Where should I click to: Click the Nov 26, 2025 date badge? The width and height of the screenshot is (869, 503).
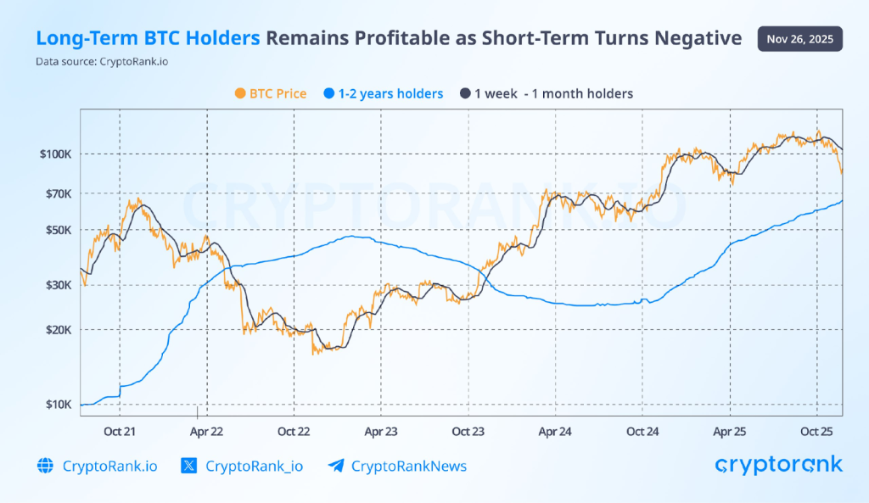[x=800, y=38]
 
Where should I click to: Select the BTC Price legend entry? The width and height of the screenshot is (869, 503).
[x=269, y=93]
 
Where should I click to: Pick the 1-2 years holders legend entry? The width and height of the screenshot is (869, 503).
[x=383, y=93]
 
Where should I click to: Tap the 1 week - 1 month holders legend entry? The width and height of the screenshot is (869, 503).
[x=546, y=93]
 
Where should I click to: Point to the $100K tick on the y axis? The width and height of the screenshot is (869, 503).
[x=54, y=154]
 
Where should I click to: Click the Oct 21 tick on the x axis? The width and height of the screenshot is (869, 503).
[x=120, y=431]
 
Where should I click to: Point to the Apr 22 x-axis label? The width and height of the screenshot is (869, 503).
[x=206, y=431]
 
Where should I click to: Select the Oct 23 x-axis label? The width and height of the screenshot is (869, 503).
[x=468, y=431]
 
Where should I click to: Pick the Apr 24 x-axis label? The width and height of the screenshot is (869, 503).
[x=555, y=431]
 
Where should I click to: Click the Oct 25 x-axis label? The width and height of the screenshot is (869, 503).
[x=816, y=431]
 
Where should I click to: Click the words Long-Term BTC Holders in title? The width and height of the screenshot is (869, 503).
[x=148, y=38]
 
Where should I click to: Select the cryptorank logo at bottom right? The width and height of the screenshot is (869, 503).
[x=778, y=464]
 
